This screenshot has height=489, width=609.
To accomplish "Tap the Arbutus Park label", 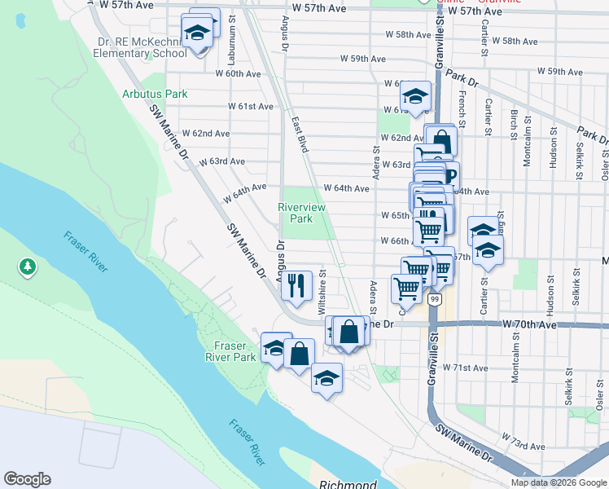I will click(x=155, y=94).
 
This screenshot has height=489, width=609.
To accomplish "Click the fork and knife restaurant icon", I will click(x=296, y=284).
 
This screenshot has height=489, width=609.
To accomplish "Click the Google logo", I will click(x=27, y=479).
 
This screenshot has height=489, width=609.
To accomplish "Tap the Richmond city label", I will click(x=348, y=484).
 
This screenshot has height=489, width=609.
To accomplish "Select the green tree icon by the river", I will click(x=27, y=267).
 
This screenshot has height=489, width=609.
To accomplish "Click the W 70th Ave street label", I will click(x=529, y=324).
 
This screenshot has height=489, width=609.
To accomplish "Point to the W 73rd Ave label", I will click(x=524, y=447).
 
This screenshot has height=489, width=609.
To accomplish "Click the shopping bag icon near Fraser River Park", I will click(x=299, y=354).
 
